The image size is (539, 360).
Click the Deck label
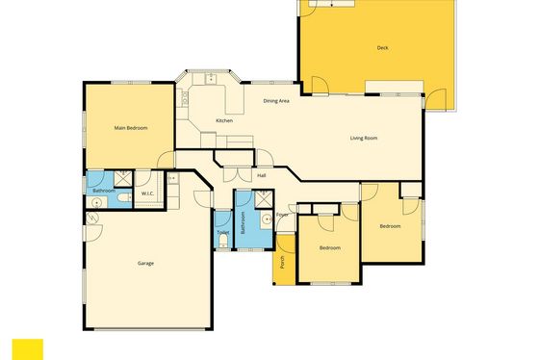[x=383, y=48]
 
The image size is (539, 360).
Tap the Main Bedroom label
[x=131, y=128]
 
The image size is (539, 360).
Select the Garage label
[x=145, y=264]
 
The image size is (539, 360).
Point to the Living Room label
[x=364, y=138]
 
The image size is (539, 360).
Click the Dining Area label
[x=276, y=101]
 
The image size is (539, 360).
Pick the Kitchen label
[x=224, y=120]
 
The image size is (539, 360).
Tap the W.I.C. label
[x=148, y=193]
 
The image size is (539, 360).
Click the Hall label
[x=262, y=176]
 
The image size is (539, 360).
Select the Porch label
[x=282, y=262]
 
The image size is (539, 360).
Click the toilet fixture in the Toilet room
[x=223, y=241]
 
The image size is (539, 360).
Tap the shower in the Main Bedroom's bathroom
[x=123, y=178]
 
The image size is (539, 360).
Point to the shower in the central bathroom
[x=264, y=198]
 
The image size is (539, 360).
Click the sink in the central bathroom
[x=267, y=219]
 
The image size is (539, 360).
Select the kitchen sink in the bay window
[x=211, y=79]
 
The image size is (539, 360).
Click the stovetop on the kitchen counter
[x=184, y=97]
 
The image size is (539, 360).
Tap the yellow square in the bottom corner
[x=28, y=349]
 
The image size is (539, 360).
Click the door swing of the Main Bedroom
[x=166, y=160]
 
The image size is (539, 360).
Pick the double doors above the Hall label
[x=238, y=174]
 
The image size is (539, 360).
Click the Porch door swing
[x=286, y=244]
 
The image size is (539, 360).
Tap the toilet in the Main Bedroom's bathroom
[x=124, y=198]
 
